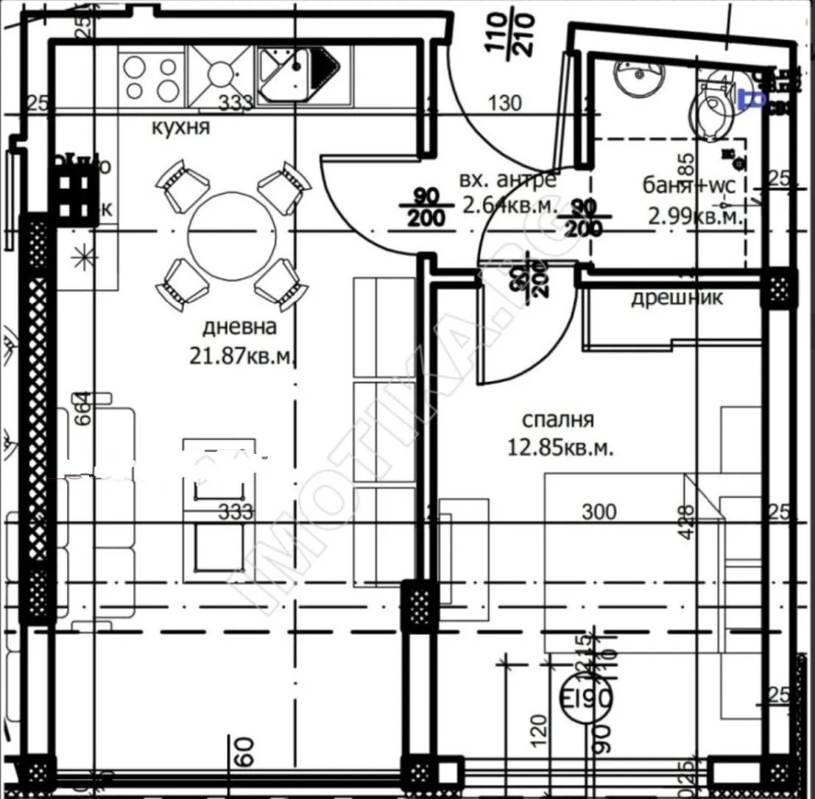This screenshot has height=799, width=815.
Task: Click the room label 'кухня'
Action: tap(180, 127)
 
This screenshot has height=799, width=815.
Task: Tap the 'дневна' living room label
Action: tap(240, 327)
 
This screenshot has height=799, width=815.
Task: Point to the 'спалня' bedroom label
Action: tap(557, 420)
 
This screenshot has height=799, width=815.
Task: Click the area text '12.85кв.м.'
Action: tap(561, 447)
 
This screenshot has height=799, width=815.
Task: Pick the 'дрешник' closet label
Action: tap(677, 298)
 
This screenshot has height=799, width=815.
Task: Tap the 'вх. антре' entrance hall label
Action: tap(507, 180)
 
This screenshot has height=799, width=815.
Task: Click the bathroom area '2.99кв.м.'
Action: tap(692, 216)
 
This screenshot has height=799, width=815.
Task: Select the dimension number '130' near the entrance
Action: tap(506, 102)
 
